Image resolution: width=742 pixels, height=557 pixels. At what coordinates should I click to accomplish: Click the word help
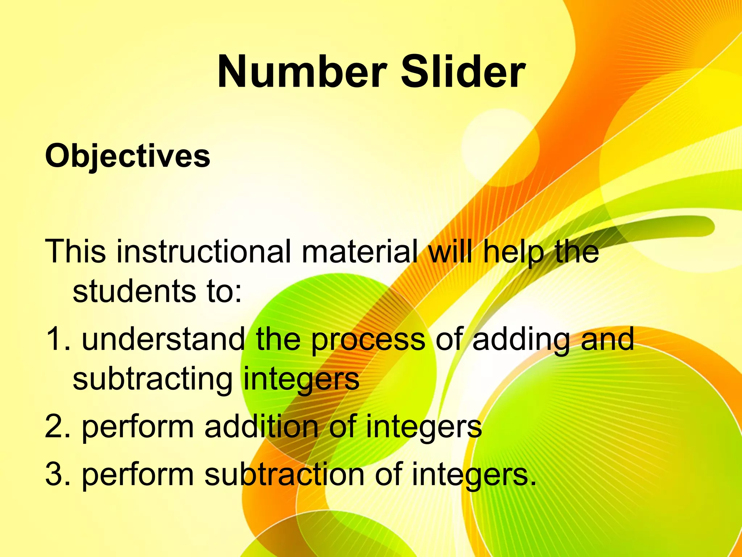514,252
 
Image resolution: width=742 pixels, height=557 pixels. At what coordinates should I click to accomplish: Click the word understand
163,339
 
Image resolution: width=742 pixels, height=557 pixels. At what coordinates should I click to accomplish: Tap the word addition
261,426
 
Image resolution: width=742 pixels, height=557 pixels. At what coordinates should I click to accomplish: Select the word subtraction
284,474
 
